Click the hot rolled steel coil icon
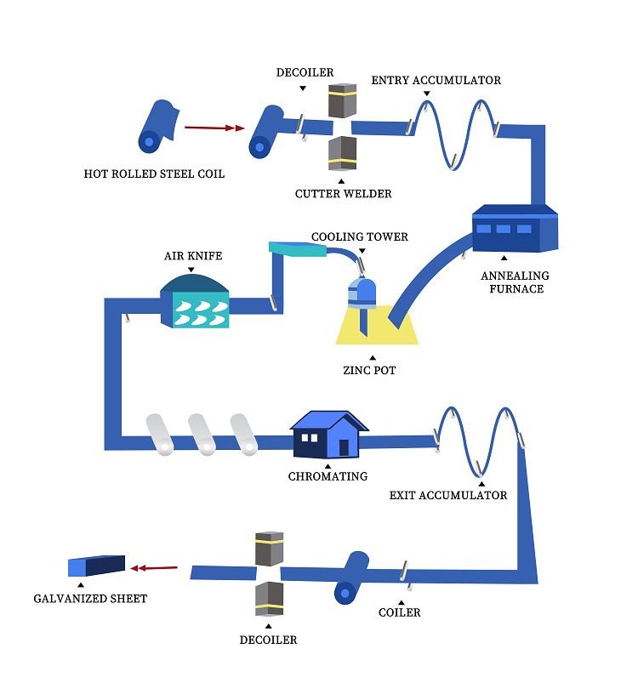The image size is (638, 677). (157, 128)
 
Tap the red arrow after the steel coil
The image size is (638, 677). (209, 128)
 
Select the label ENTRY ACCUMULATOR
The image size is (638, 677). (436, 81)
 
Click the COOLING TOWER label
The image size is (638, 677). (360, 236)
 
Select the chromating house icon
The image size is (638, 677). (328, 434)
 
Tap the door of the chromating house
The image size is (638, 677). (344, 447)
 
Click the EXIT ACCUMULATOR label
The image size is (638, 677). (448, 495)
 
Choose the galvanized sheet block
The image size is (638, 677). (96, 566)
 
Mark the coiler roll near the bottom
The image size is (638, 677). (350, 578)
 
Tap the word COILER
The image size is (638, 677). (400, 612)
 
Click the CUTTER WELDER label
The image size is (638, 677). (344, 194)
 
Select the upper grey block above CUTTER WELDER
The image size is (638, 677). (341, 100)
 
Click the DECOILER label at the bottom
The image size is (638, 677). (268, 640)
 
